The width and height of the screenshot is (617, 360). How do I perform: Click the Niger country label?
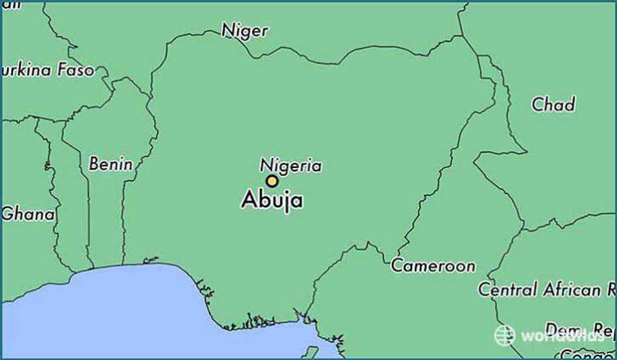pos(245,30)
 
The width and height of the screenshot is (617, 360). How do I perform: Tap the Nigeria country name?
pos(291,165)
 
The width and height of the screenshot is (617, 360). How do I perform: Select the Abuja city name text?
pos(272,200)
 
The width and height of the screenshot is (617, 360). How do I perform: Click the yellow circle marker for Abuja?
pos(272,181)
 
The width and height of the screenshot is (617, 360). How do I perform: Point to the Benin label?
pos(111,164)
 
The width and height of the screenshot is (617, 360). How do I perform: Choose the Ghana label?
pos(29,214)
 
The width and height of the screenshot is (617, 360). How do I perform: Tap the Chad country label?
pos(553,104)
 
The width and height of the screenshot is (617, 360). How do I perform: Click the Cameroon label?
pos(433,266)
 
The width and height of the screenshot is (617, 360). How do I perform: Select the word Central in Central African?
pos(507,289)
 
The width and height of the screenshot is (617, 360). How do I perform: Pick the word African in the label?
pos(571,289)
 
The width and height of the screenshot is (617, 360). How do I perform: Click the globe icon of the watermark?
pos(504,335)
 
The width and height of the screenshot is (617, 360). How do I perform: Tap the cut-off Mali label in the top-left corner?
pos(11,5)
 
